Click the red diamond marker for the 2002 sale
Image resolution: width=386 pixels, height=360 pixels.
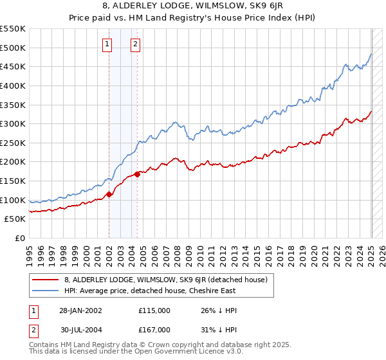[x=109, y=194]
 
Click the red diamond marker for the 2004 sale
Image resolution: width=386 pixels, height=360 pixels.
[x=138, y=174]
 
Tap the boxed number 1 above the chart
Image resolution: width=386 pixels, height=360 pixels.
[x=107, y=44]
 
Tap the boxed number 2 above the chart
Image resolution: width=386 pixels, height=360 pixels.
[x=136, y=44]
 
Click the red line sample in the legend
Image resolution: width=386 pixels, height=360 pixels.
[x=46, y=279]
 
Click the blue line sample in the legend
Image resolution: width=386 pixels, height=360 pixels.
[x=46, y=291]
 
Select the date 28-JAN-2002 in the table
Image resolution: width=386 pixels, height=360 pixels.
[x=80, y=310]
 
